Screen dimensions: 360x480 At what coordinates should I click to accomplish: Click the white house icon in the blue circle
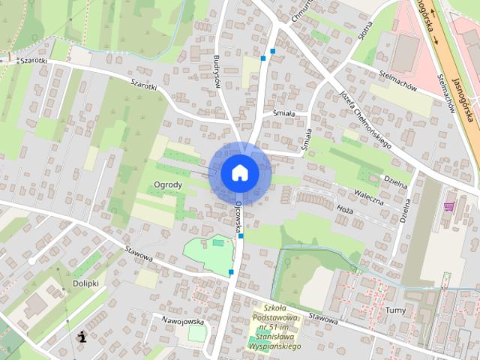point(240,172)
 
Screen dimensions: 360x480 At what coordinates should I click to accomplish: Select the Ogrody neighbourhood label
point(168,184)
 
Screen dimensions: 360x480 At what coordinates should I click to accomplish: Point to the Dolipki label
point(85,283)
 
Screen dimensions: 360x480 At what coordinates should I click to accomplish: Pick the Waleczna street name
point(369,201)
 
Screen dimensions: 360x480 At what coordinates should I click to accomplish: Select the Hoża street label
point(343,211)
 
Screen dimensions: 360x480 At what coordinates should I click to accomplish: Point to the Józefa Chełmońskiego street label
point(367,121)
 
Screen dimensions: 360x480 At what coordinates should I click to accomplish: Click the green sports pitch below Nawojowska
point(196,334)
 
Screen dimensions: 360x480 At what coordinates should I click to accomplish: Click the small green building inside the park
point(218,242)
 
